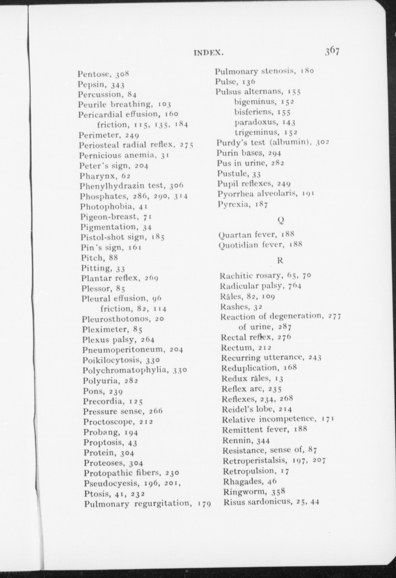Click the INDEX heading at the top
pos(207,53)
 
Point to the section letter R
pos(280,260)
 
